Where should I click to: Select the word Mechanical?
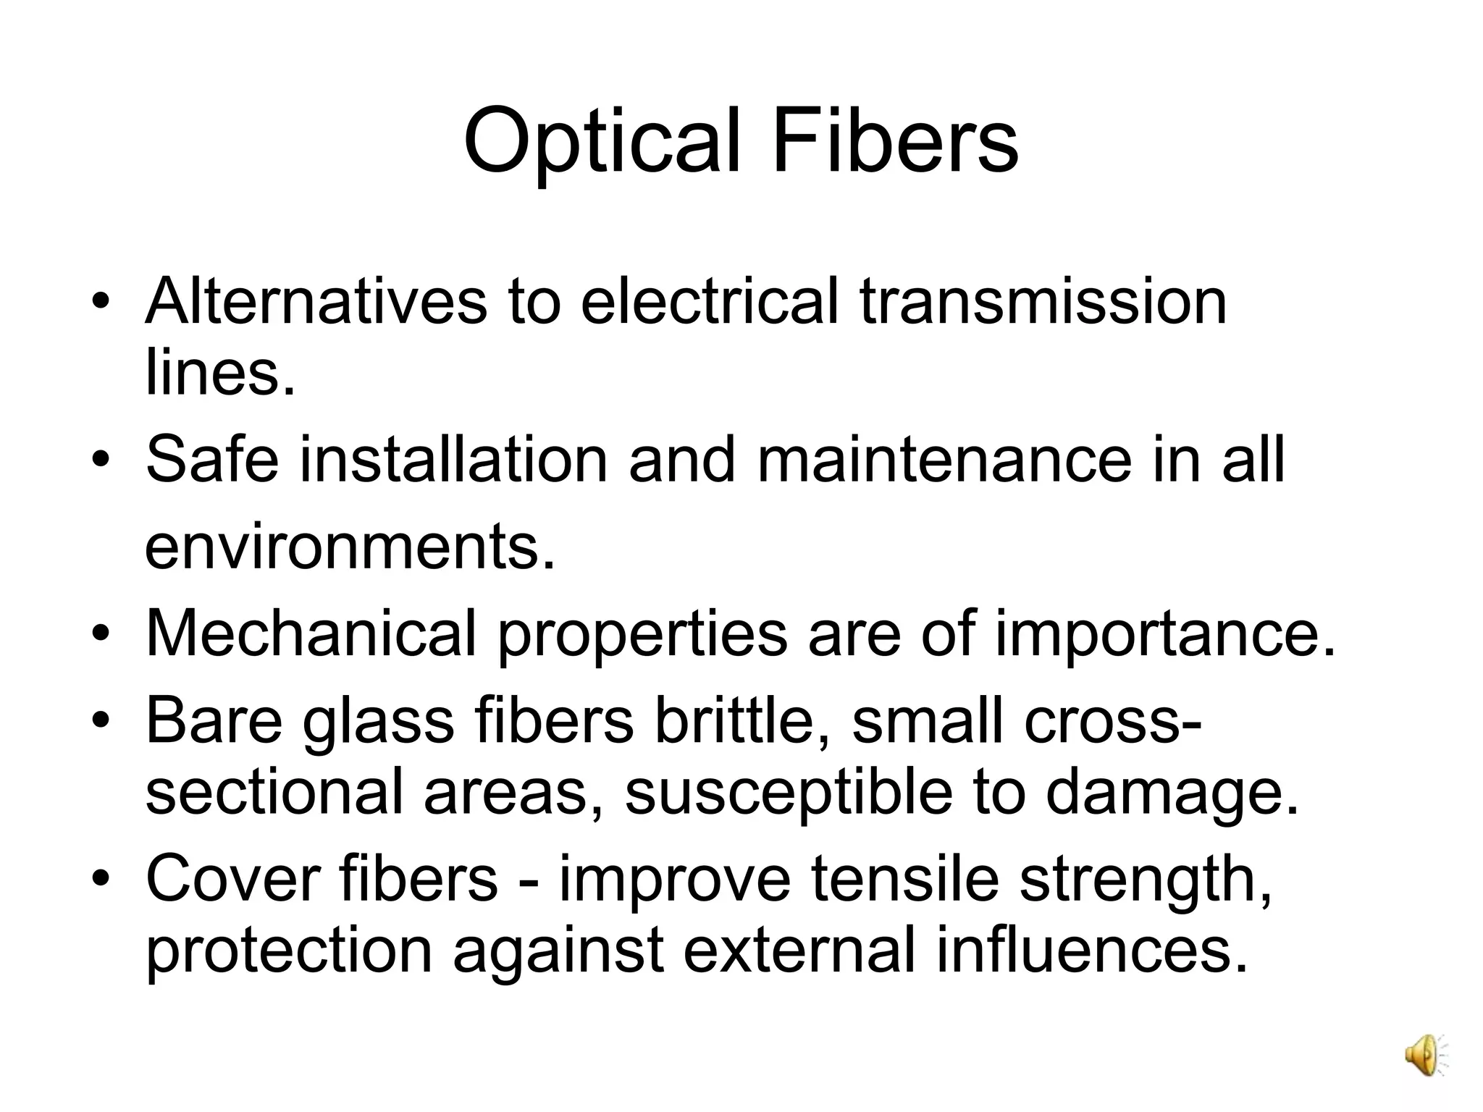(x=311, y=633)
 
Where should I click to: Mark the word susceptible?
(x=788, y=793)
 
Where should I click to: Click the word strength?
(x=1146, y=880)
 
